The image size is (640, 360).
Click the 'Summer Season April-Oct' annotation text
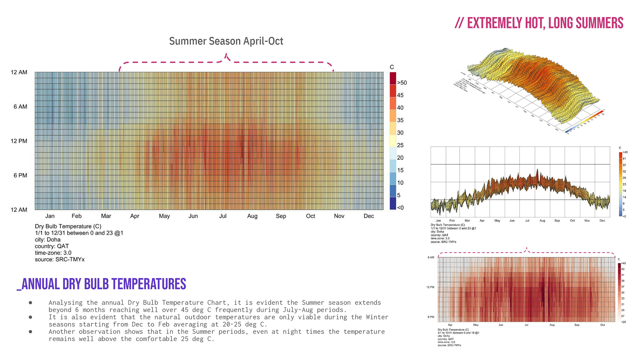point(226,41)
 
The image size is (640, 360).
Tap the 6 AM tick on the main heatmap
point(20,107)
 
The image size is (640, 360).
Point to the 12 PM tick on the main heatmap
point(19,141)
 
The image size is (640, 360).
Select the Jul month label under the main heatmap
point(223,216)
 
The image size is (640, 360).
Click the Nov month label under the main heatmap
point(339,216)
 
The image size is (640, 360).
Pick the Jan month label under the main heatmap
point(50,216)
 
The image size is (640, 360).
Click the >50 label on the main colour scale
point(402,83)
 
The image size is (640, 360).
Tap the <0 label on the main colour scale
point(400,208)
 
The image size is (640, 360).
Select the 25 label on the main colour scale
point(400,145)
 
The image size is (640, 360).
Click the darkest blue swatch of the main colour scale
point(393,203)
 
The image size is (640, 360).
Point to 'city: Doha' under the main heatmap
point(48,240)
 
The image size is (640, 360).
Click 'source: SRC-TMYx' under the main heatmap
point(60,259)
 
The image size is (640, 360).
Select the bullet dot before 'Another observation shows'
point(30,332)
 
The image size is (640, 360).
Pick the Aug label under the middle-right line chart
point(542,221)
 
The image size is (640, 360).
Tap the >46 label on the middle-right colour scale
point(625,152)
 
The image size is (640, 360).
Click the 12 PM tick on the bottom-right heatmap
point(430,287)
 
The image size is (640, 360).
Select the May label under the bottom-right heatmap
point(476,325)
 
